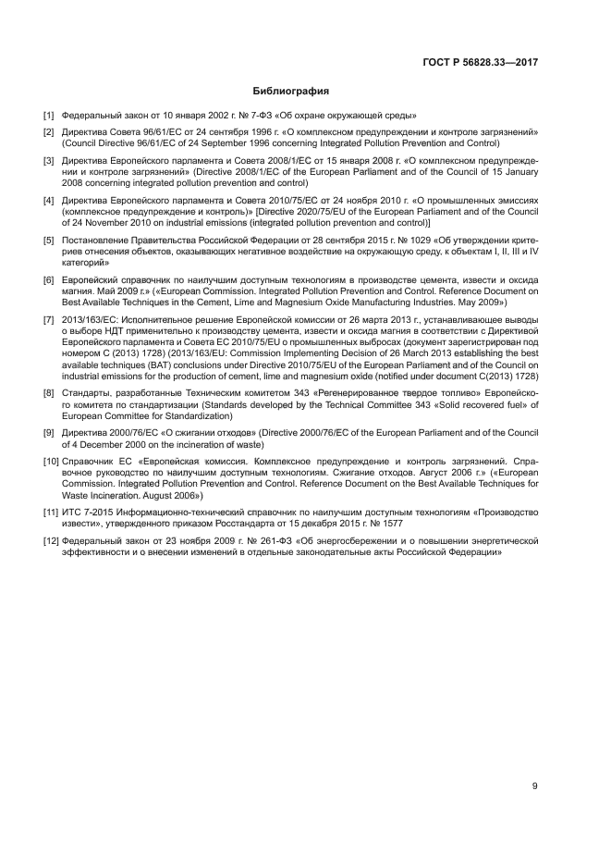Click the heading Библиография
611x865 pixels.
coord(291,92)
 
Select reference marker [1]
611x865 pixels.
coord(49,116)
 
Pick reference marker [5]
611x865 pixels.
coord(49,240)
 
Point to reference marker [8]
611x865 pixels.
coord(49,393)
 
